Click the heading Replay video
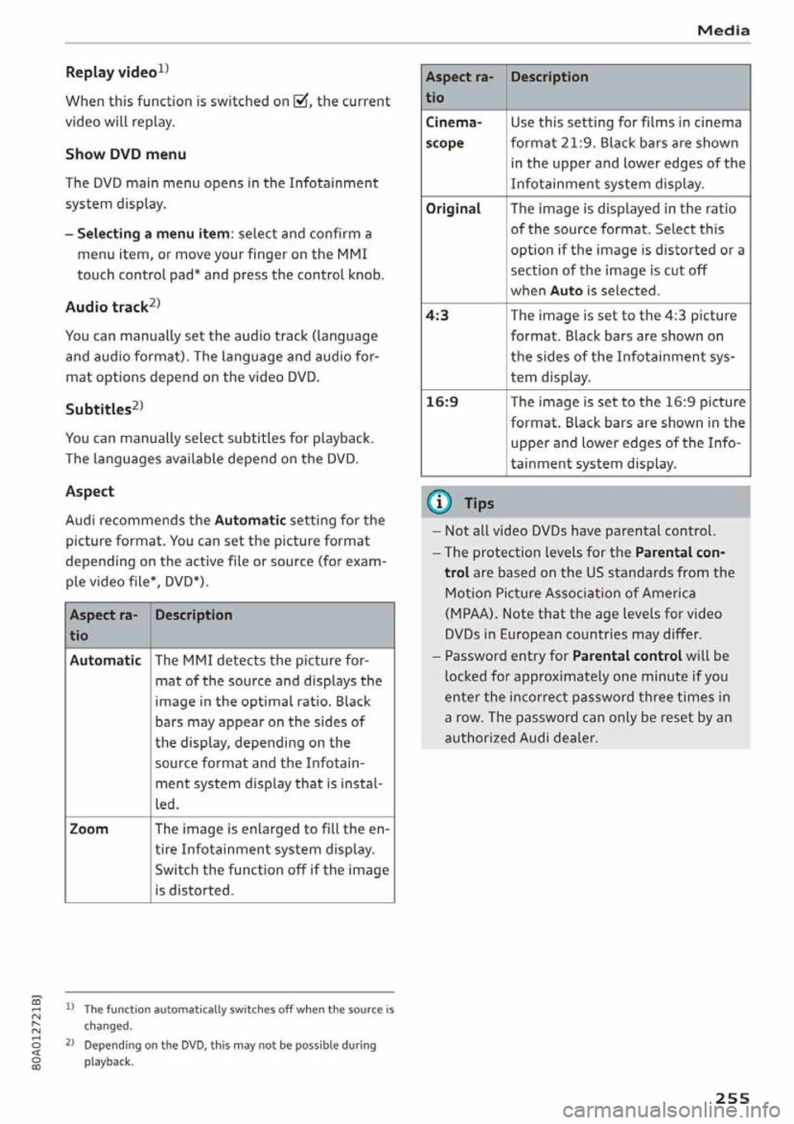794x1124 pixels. (x=114, y=72)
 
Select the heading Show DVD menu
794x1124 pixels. (x=125, y=154)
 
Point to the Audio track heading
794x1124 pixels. (x=108, y=307)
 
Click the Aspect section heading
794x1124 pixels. (x=89, y=492)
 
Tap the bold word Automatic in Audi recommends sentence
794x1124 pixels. (x=250, y=521)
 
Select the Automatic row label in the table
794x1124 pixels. (x=105, y=660)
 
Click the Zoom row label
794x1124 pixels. (x=89, y=829)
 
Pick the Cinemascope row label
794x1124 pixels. (x=453, y=132)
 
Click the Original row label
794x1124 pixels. (x=453, y=209)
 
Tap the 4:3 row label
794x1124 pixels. (x=438, y=315)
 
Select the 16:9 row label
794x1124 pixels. (x=442, y=402)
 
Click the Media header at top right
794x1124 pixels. (x=723, y=31)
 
